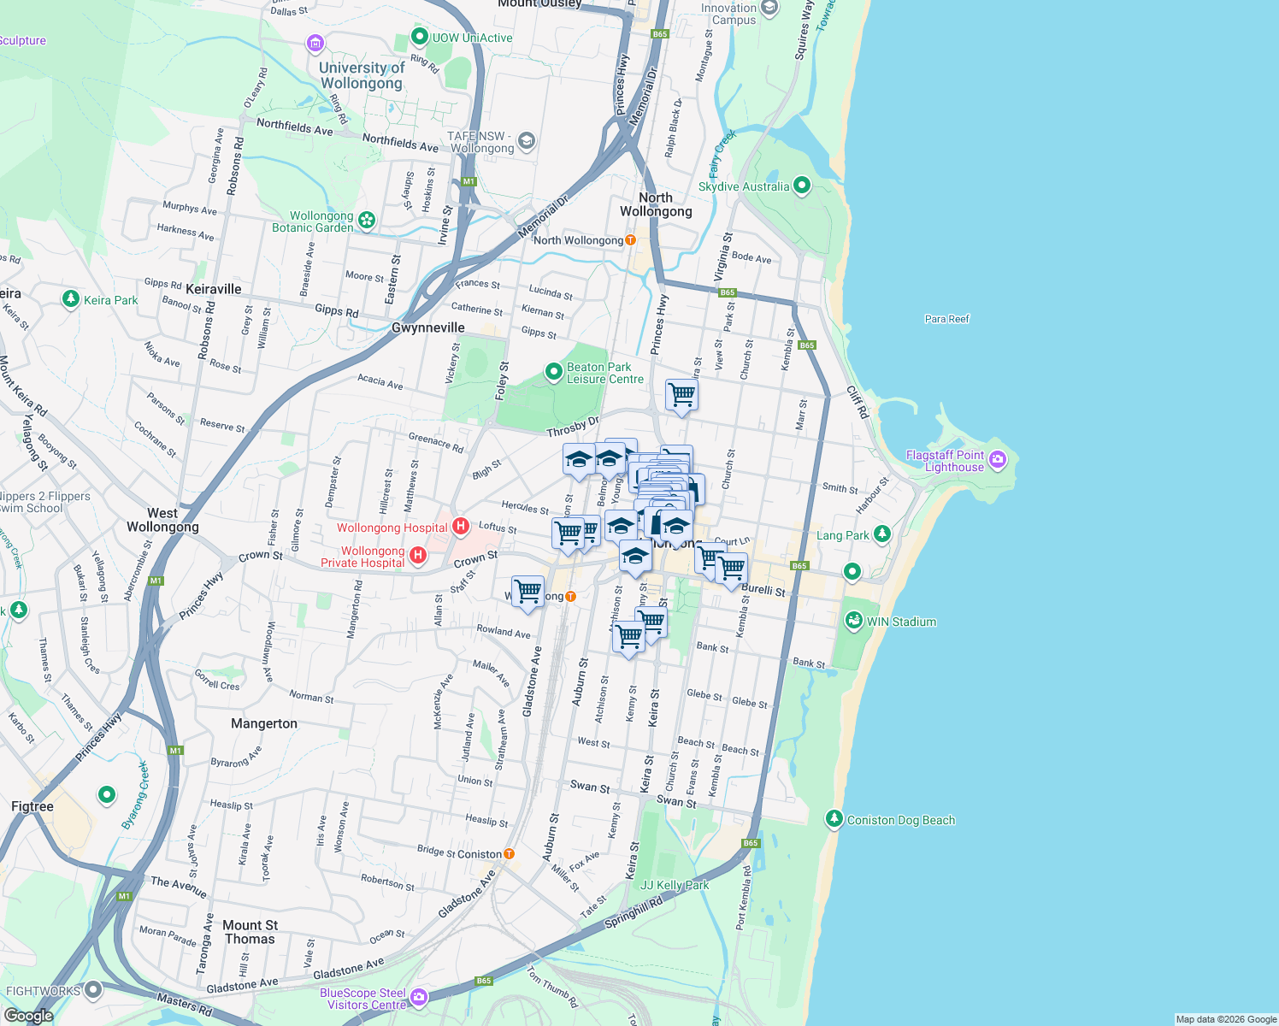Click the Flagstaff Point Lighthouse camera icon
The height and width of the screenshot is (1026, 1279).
click(997, 461)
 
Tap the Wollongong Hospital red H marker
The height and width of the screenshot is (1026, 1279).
click(461, 527)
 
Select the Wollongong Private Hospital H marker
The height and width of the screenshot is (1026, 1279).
click(418, 557)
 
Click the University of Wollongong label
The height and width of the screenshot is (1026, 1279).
click(362, 75)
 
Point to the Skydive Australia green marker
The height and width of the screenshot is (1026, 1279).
click(801, 186)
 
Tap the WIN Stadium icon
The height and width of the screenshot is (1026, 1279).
click(853, 622)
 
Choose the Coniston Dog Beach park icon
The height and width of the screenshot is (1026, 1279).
click(834, 819)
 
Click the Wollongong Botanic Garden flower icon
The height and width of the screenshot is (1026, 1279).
click(367, 221)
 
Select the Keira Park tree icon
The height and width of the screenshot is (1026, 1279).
click(71, 299)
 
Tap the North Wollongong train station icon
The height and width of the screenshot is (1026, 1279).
click(630, 240)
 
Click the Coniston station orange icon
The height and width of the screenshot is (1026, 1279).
click(510, 853)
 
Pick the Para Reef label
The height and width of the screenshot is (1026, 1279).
click(947, 319)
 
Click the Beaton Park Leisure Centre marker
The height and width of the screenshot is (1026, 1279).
click(554, 372)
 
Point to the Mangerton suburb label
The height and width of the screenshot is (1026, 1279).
click(264, 723)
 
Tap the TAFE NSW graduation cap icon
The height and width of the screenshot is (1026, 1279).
click(527, 141)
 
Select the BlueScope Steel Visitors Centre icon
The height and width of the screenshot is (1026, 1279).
click(418, 997)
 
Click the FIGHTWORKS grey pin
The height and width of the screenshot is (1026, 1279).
click(93, 990)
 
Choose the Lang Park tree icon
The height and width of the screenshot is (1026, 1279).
click(881, 534)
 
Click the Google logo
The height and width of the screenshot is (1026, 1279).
click(28, 1016)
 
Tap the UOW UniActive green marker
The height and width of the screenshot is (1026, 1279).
click(419, 37)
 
